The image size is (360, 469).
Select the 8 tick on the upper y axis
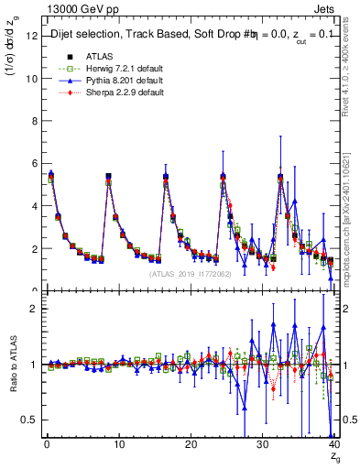pos(33,121)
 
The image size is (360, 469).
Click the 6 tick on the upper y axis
pos(33,163)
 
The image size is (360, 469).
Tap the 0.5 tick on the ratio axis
pos(29,420)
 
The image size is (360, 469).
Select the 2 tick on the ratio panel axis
pos(33,309)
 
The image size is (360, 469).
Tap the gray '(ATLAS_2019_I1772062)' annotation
pos(190,273)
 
